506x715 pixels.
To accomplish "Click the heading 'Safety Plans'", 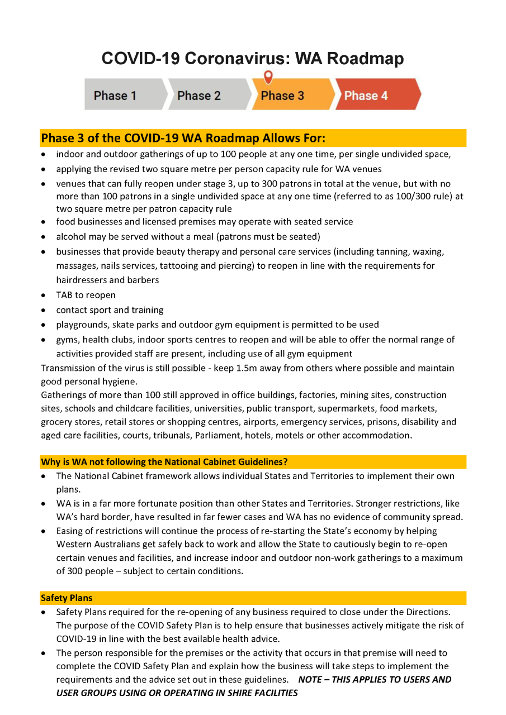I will [67, 598].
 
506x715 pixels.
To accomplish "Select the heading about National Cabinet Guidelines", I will [164, 462].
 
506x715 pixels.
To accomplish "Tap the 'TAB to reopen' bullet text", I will [86, 295].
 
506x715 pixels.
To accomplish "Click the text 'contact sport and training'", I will [110, 310].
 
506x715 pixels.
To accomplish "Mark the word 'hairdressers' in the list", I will [82, 280].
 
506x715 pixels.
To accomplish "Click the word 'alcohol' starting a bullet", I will [70, 237].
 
